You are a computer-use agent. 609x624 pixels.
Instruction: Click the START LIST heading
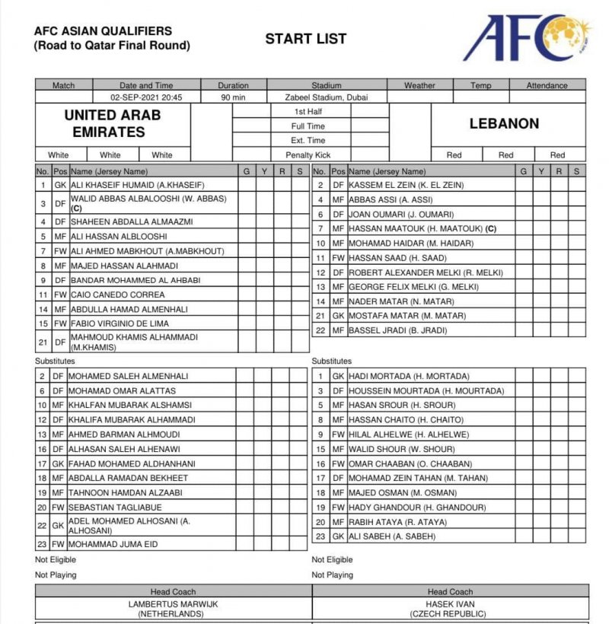coord(305,39)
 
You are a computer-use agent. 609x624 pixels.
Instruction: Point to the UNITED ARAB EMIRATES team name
coord(113,123)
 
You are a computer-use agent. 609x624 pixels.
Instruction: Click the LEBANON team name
coord(504,123)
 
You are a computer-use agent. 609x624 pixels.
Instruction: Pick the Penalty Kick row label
coord(308,155)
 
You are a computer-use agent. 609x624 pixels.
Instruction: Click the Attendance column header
coord(547,86)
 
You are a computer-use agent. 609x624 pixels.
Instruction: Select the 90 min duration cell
coord(233,97)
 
